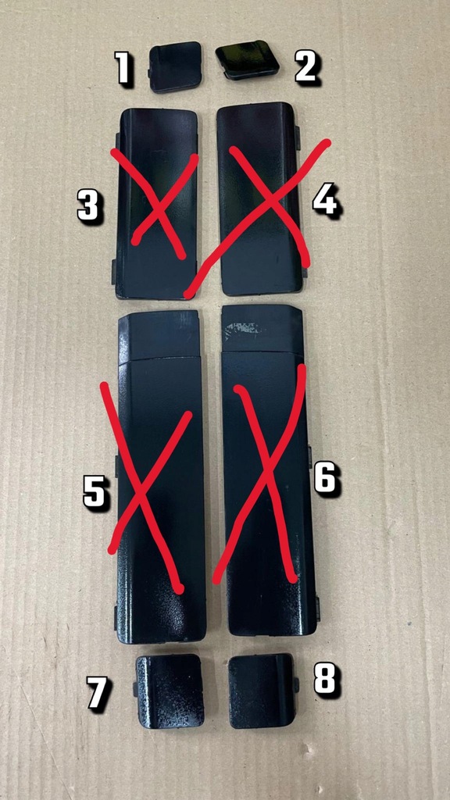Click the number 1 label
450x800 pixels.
(123, 69)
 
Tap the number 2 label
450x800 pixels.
(305, 68)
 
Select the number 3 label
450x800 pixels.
(89, 207)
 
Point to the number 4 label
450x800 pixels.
(325, 200)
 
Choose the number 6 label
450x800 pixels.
(325, 477)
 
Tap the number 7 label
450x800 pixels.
(98, 693)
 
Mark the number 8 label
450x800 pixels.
(325, 680)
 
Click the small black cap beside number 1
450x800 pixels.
(176, 66)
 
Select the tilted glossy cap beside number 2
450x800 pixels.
(247, 59)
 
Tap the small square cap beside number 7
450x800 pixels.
(170, 691)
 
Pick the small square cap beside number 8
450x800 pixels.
(262, 691)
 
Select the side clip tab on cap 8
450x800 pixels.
(297, 685)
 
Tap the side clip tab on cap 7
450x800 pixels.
(135, 689)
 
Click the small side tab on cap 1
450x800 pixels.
(148, 75)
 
